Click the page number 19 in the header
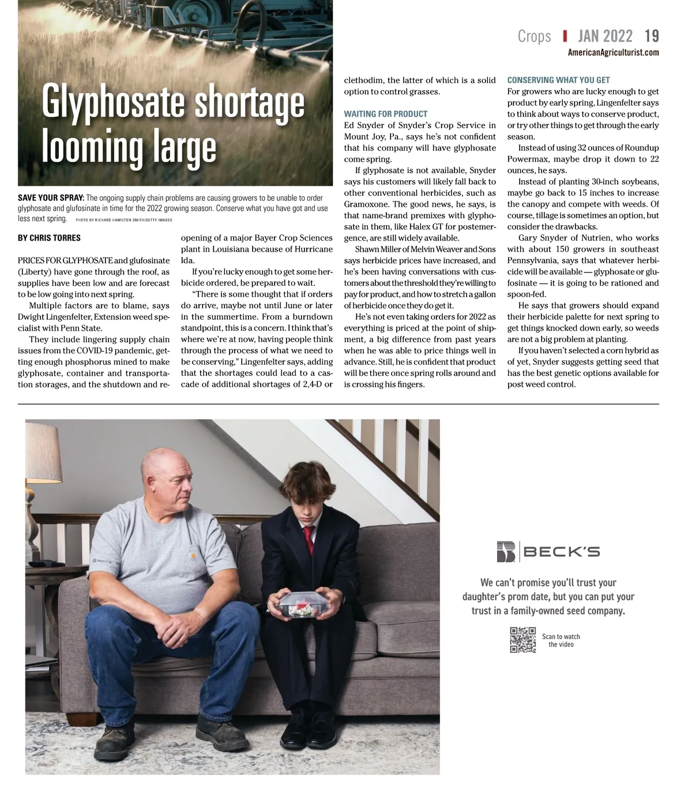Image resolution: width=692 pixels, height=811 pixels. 652,36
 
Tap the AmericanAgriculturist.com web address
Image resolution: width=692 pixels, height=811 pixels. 613,53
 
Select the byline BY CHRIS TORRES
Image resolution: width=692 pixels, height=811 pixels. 49,238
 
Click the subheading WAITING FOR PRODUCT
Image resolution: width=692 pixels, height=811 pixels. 386,114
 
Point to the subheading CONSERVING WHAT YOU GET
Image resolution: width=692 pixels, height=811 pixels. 558,80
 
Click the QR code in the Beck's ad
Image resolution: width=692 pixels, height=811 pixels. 522,640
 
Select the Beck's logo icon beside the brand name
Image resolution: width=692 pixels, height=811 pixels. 506,552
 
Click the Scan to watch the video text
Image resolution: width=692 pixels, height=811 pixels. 561,641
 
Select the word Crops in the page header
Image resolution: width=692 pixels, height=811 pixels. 534,36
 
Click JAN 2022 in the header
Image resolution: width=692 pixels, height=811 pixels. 605,36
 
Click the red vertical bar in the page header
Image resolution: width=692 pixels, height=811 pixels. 565,36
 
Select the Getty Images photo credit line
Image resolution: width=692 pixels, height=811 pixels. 123,220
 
